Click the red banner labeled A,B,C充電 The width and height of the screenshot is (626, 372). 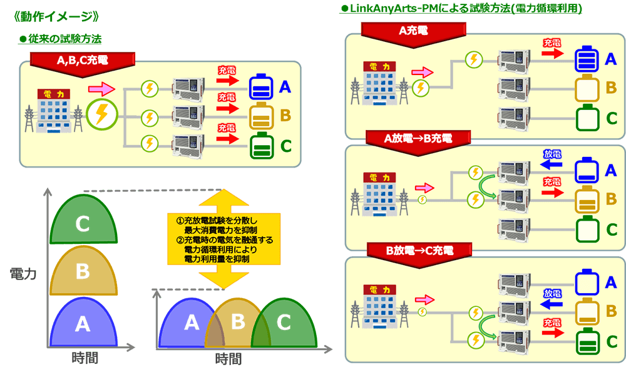[82, 61]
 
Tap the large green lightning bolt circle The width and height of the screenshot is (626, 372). [101, 114]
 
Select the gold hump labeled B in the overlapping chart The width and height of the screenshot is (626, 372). [237, 322]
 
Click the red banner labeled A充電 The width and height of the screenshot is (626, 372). [413, 30]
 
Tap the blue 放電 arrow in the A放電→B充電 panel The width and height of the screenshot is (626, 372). [551, 164]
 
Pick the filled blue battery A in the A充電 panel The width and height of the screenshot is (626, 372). [587, 60]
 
